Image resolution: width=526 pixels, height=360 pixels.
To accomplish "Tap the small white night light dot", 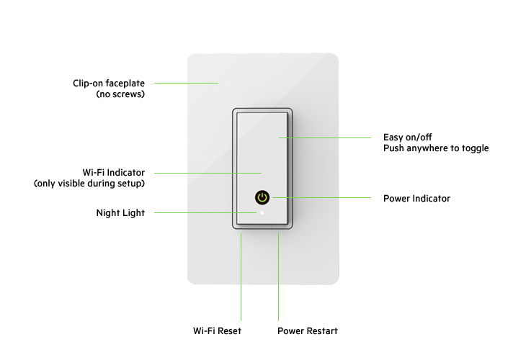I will click(x=262, y=213).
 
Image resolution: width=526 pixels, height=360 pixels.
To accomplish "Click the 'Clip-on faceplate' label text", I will click(x=108, y=83).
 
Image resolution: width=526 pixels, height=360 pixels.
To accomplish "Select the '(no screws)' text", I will click(x=120, y=94).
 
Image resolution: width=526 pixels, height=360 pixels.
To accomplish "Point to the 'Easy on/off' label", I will click(x=407, y=137).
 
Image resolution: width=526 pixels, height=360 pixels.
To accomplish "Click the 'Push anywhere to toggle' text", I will click(x=436, y=148).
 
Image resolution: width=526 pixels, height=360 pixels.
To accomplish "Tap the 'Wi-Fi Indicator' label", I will click(x=114, y=173).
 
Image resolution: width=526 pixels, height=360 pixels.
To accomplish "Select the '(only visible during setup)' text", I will click(x=89, y=184).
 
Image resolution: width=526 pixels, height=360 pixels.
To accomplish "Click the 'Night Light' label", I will click(x=120, y=213).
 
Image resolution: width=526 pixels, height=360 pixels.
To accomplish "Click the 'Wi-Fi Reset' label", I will click(x=217, y=331).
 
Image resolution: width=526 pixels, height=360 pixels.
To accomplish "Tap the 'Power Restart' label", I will click(x=308, y=331).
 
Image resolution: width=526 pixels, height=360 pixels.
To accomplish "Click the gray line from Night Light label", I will click(x=205, y=213).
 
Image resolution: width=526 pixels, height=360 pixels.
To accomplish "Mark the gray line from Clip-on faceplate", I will click(x=186, y=83).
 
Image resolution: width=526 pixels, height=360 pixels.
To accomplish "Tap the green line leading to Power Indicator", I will click(x=321, y=197).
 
